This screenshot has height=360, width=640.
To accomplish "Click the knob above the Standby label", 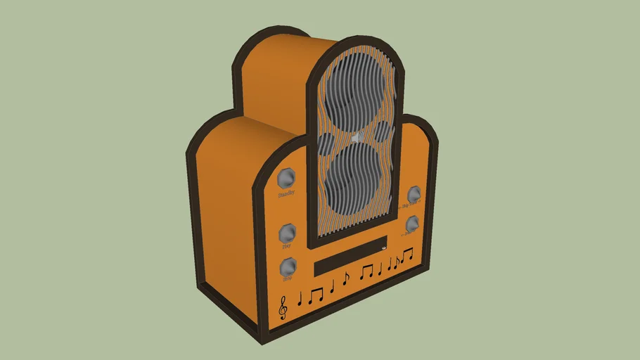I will [286, 178].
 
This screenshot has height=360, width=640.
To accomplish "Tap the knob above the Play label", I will [287, 233].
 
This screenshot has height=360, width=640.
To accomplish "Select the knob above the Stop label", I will [287, 266].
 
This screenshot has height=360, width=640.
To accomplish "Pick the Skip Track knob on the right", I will [415, 194].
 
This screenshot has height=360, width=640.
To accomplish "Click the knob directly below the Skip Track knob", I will [414, 224].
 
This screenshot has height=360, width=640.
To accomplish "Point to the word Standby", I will [286, 193].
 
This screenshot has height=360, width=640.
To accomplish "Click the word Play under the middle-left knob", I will [287, 247].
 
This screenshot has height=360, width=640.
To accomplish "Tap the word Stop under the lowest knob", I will [287, 279].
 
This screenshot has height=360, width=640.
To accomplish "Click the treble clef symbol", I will [283, 307].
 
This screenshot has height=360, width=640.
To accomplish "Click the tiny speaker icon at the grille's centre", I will [358, 138].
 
